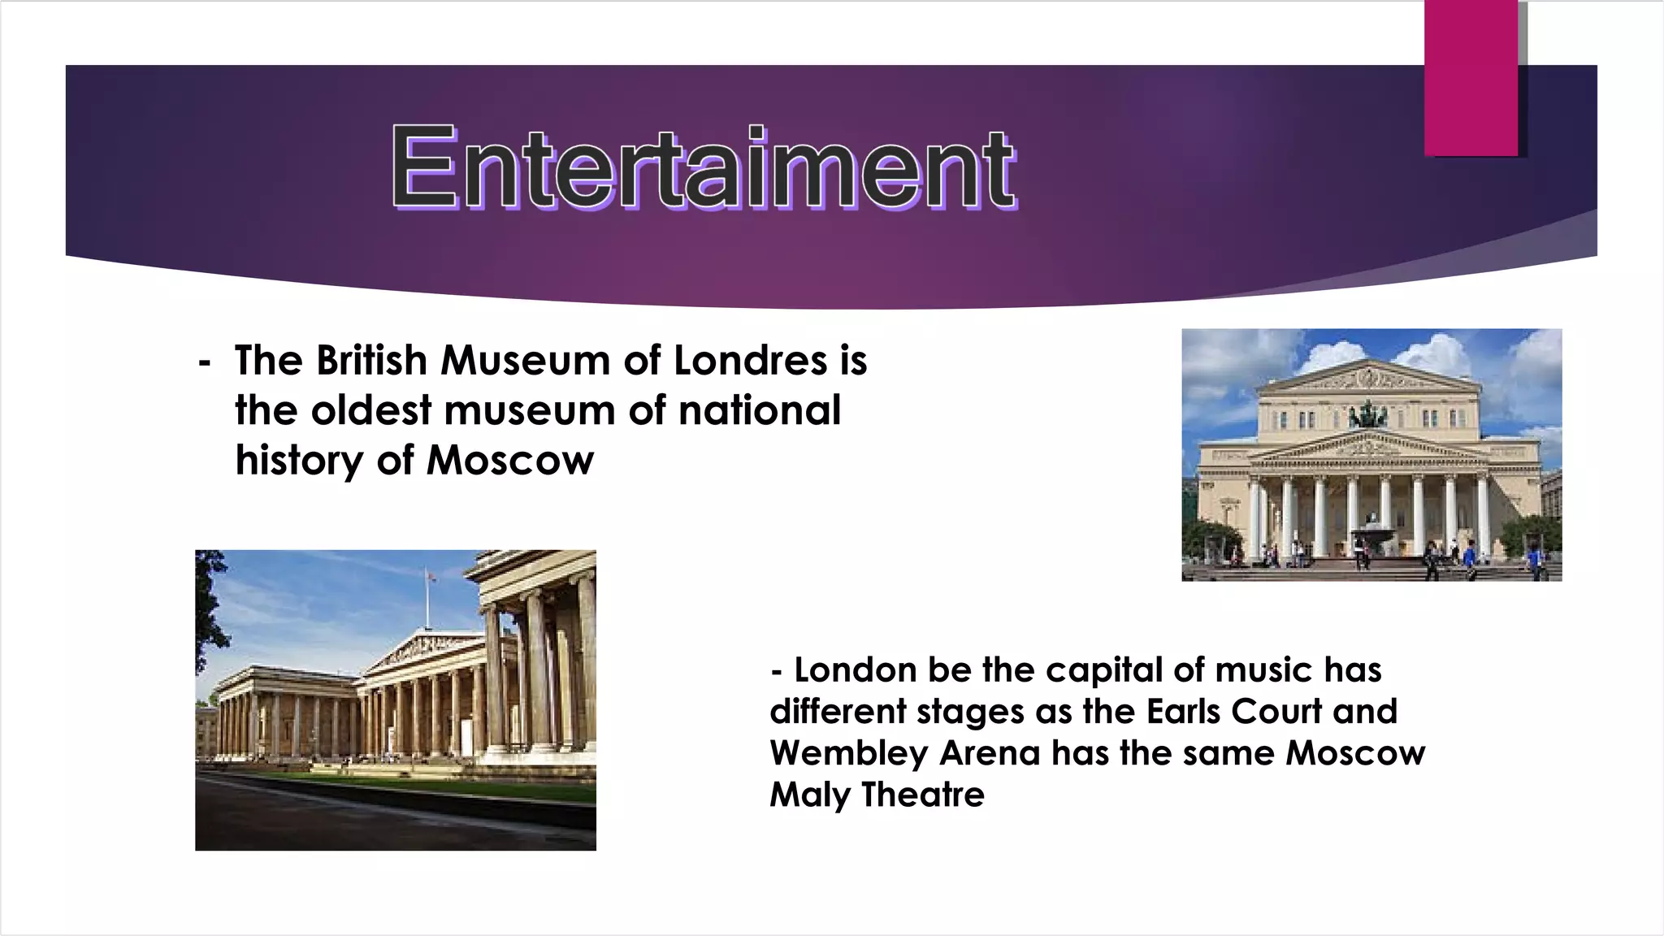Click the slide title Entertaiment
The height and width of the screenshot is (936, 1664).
704,167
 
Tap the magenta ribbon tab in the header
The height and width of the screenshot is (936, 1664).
1471,78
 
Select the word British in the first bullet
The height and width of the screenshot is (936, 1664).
372,361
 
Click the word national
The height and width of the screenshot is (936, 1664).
760,410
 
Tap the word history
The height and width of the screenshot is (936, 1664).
298,461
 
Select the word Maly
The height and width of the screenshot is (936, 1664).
809,795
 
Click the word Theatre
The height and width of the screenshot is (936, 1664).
923,795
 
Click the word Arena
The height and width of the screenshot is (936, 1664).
990,753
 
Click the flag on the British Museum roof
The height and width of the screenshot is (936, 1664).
431,576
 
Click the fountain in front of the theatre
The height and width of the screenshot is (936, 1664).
1371,536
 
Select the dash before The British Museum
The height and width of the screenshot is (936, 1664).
205,361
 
